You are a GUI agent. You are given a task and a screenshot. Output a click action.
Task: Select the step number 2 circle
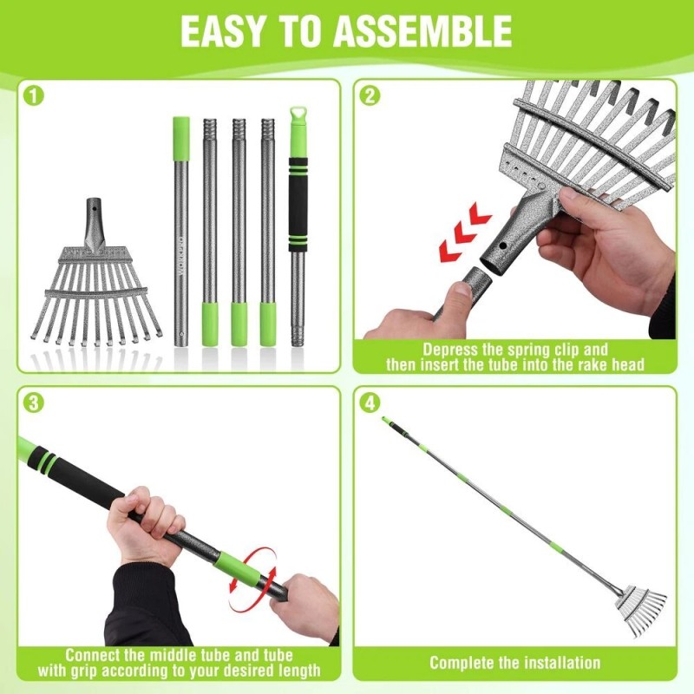coord(371,96)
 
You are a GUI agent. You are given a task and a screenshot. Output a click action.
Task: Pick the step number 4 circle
coord(371,403)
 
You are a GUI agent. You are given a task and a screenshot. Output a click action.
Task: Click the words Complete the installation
coord(514,663)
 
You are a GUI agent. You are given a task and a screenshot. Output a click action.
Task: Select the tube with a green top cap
coord(180,226)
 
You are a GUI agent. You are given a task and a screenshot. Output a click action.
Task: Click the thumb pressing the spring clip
coord(460,295)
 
